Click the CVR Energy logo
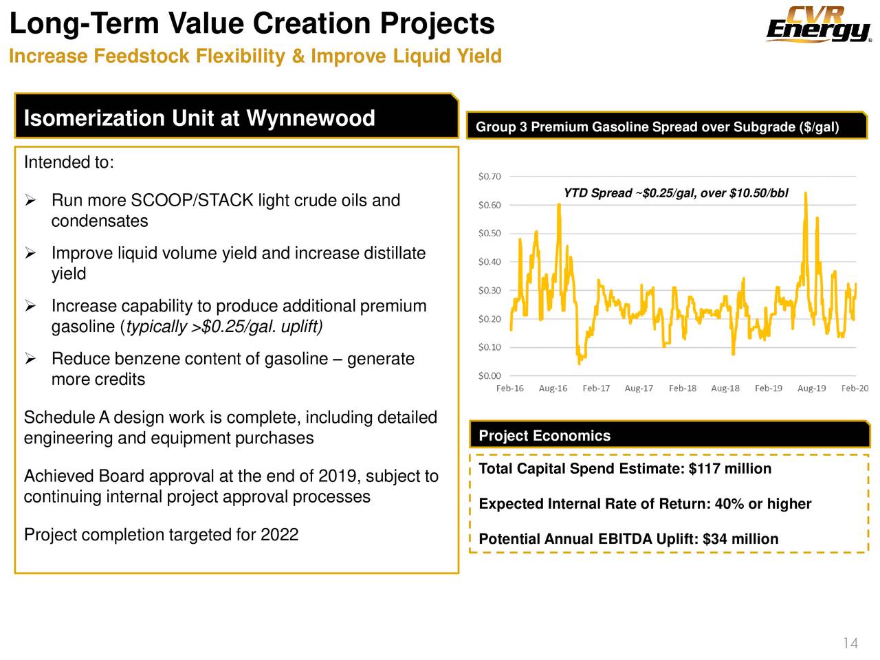click(818, 25)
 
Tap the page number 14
click(850, 643)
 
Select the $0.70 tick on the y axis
click(489, 177)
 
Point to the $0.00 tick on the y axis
click(489, 376)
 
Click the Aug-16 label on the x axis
click(553, 388)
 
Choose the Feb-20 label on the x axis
click(855, 388)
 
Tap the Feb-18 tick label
click(682, 388)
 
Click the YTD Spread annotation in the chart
click(675, 193)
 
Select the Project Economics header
click(544, 436)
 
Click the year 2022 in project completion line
click(279, 535)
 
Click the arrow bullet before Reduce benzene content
click(30, 359)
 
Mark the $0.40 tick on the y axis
click(489, 262)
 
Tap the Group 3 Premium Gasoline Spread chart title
click(657, 127)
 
